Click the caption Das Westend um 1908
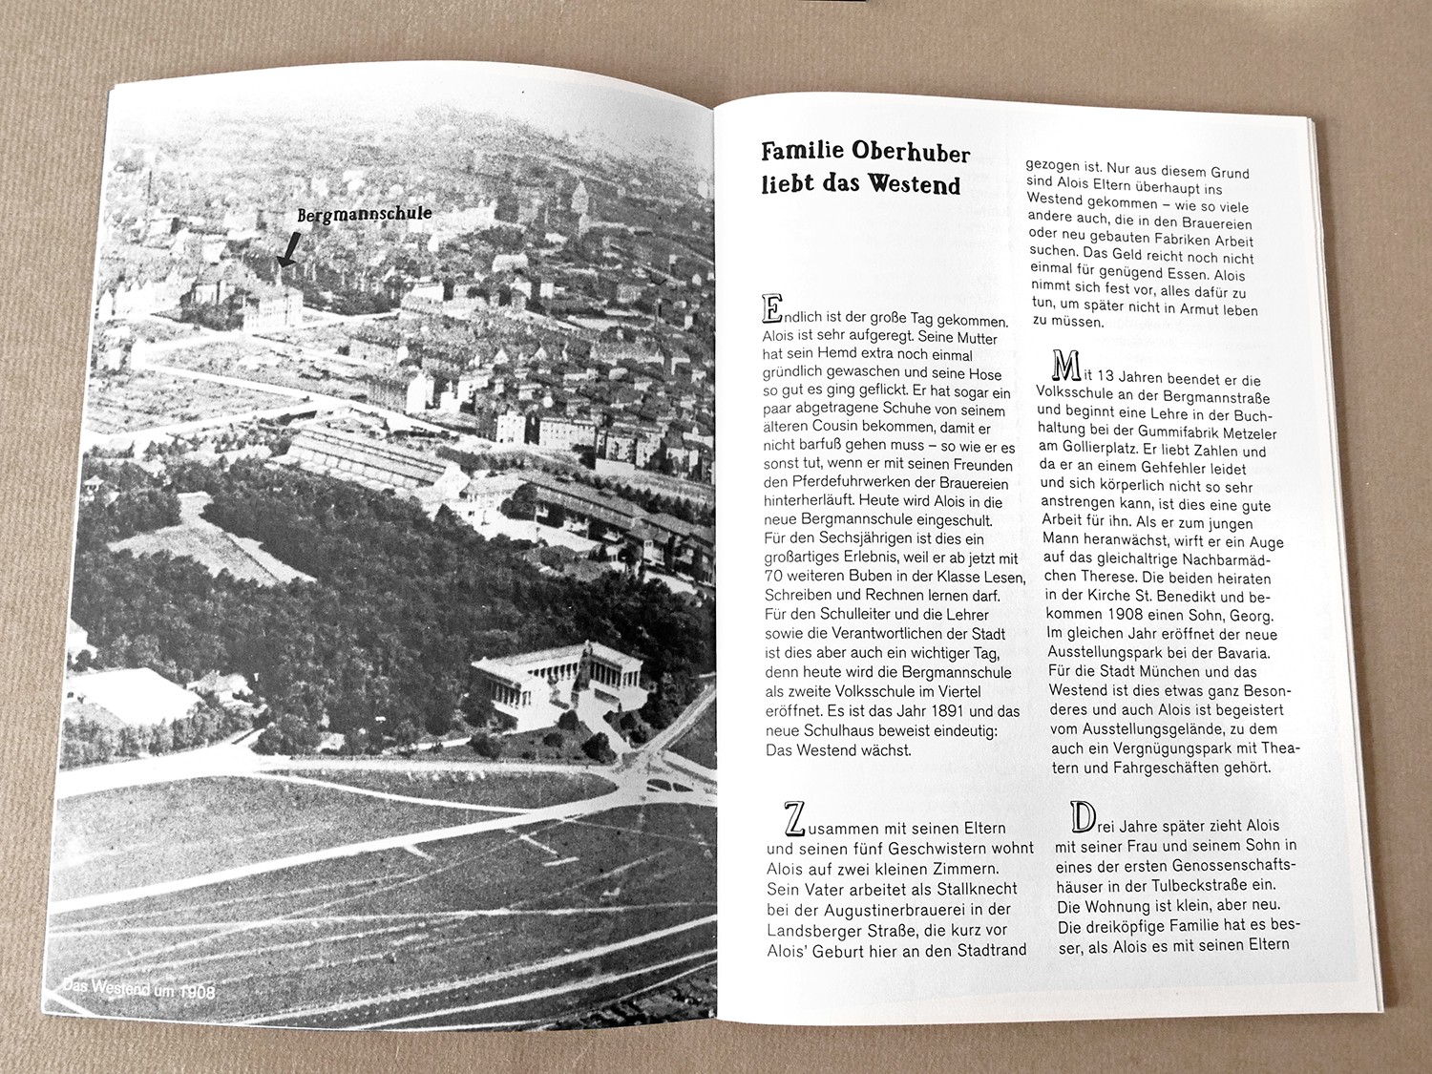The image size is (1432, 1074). click(138, 990)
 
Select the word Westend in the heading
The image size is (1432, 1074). click(913, 184)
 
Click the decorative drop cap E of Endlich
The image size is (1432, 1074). click(771, 308)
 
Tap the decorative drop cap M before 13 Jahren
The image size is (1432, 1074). click(1065, 366)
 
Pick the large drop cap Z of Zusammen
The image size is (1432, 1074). click(794, 819)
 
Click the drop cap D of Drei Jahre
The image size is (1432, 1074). click(1083, 817)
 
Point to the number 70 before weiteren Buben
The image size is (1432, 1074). click(774, 577)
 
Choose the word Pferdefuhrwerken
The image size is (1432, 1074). click(849, 483)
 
